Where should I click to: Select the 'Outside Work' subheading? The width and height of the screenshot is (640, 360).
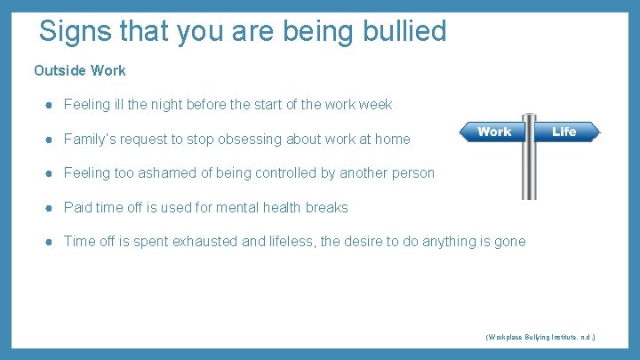click(x=80, y=70)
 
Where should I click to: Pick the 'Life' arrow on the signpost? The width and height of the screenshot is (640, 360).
click(x=565, y=132)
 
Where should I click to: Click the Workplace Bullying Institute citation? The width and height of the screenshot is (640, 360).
click(x=540, y=338)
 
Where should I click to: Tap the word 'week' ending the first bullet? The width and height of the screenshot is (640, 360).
click(x=375, y=105)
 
